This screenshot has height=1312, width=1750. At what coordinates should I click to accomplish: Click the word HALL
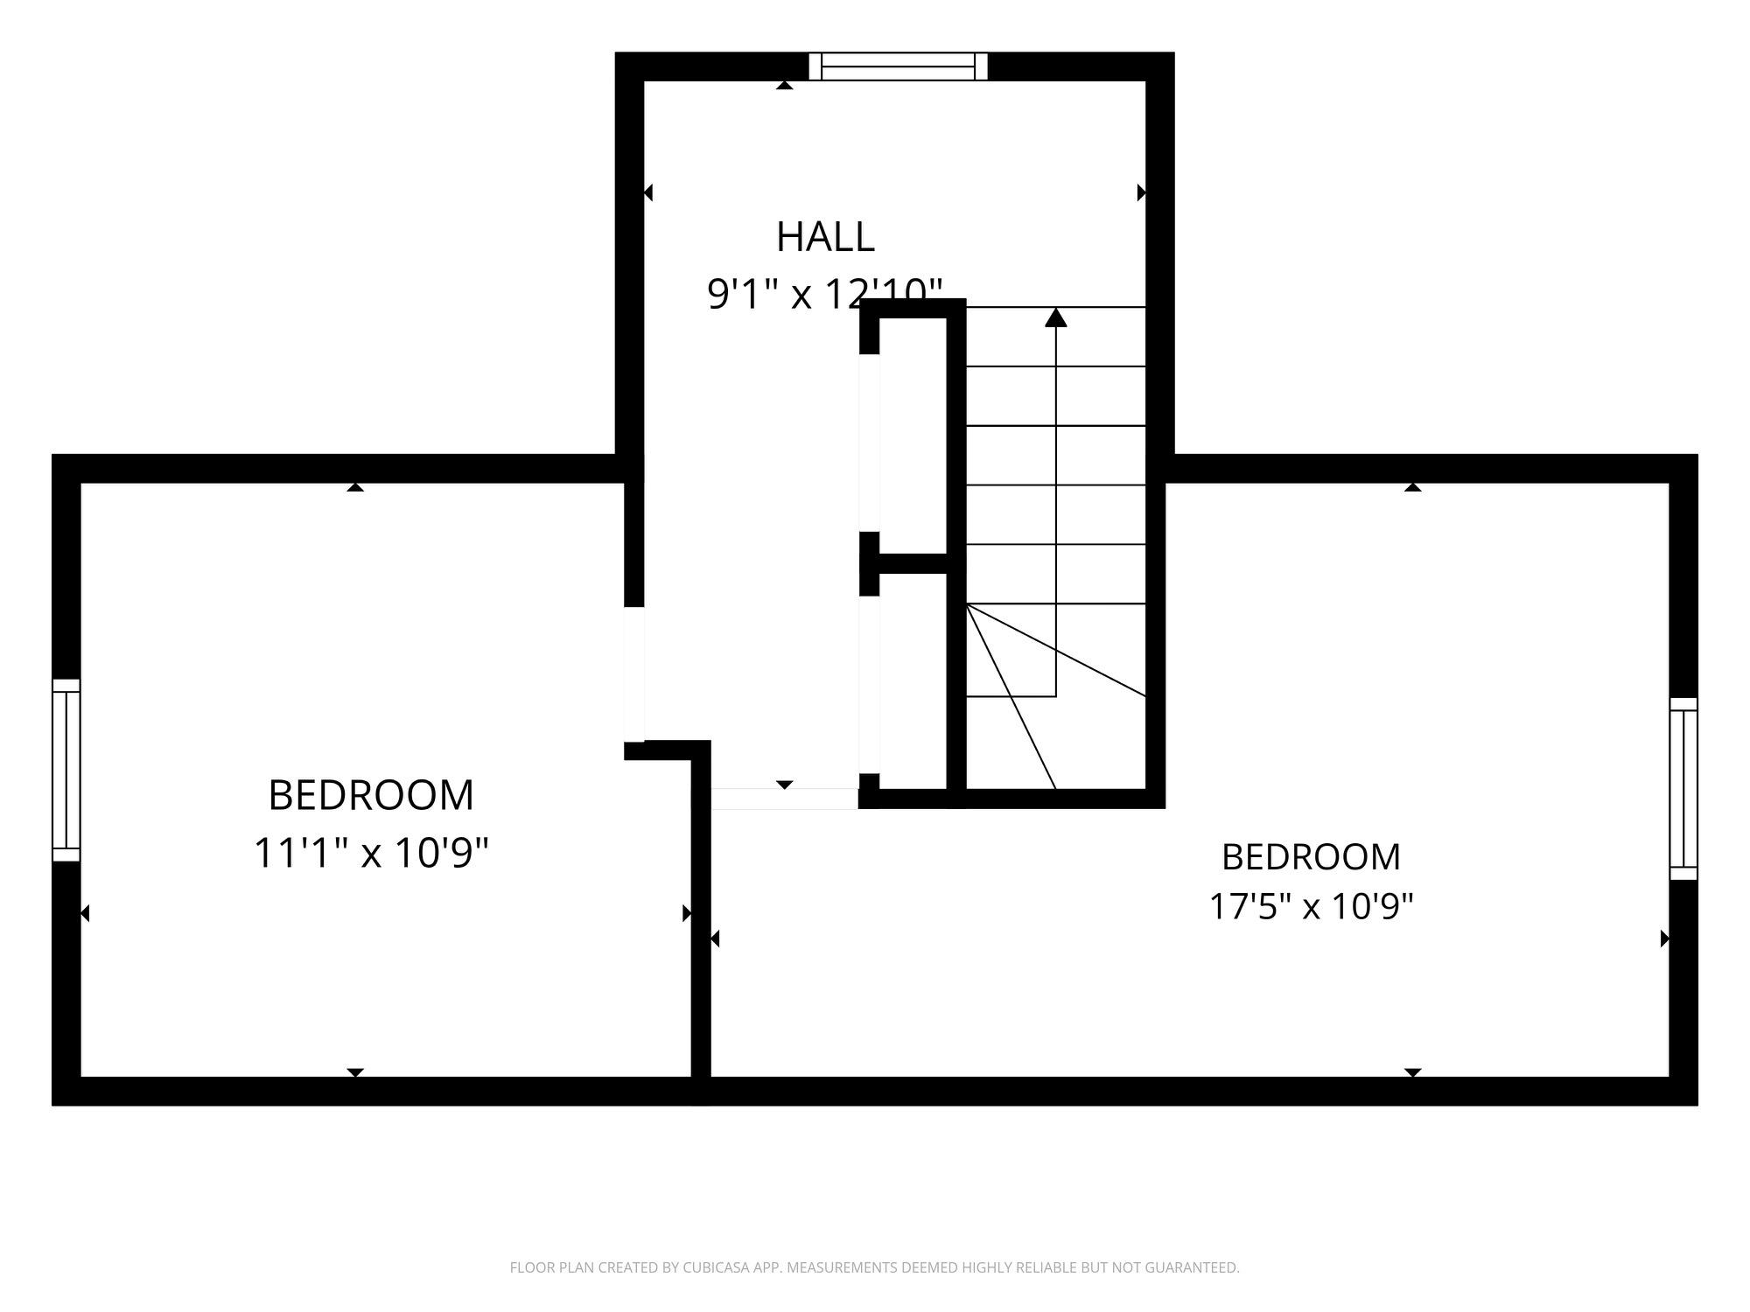click(x=825, y=237)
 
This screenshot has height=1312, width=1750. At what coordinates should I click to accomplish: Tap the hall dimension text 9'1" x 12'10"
click(x=825, y=293)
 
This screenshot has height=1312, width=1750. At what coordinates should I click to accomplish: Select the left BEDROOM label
click(x=371, y=795)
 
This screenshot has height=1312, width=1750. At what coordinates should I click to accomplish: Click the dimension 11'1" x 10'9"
click(x=371, y=853)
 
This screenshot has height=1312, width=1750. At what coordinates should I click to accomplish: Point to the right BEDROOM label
click(x=1311, y=857)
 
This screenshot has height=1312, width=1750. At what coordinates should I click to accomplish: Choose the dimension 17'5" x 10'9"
click(x=1311, y=907)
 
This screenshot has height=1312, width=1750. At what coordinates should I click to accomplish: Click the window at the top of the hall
click(x=898, y=66)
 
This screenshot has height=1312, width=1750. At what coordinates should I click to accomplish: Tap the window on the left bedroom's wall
click(x=66, y=771)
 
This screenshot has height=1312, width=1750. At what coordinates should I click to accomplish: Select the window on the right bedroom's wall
click(x=1683, y=789)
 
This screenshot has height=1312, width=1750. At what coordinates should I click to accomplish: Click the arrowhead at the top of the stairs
click(x=1056, y=317)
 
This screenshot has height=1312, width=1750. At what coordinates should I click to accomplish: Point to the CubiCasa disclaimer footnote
click(x=874, y=1267)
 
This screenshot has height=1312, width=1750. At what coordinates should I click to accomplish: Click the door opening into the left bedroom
click(x=634, y=673)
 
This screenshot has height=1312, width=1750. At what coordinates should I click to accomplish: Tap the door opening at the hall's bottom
click(x=785, y=799)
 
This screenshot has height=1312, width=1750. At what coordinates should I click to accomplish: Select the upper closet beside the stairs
click(x=913, y=435)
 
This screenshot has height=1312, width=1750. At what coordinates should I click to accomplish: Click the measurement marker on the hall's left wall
click(x=648, y=192)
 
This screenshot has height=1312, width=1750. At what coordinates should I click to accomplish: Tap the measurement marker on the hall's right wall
click(x=1141, y=192)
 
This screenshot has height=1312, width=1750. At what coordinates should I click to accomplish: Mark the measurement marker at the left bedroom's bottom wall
click(x=355, y=1072)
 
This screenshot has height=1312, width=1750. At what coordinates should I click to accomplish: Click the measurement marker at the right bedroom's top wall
click(x=1413, y=487)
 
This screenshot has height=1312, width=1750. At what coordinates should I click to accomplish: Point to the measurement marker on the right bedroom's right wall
click(x=1665, y=939)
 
